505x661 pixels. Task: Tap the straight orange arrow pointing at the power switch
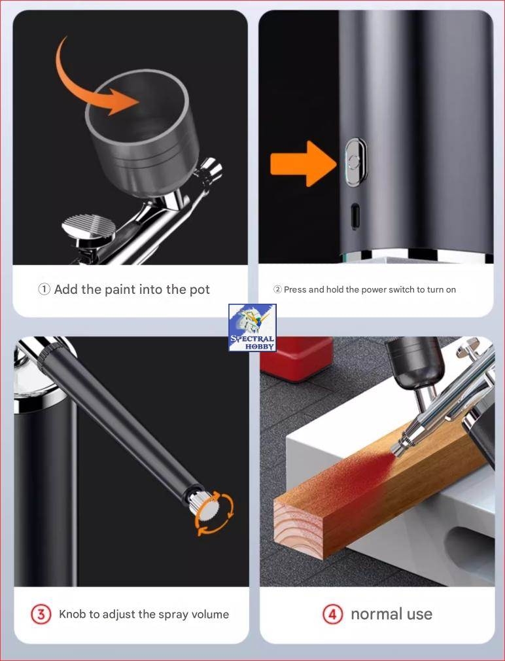click(304, 164)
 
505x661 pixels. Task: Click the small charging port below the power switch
click(355, 216)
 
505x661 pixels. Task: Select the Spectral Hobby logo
click(252, 327)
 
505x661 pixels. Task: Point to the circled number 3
click(41, 615)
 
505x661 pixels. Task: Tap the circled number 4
click(333, 615)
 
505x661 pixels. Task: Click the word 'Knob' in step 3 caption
click(72, 614)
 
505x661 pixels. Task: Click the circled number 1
click(44, 289)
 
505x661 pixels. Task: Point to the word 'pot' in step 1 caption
click(200, 291)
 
